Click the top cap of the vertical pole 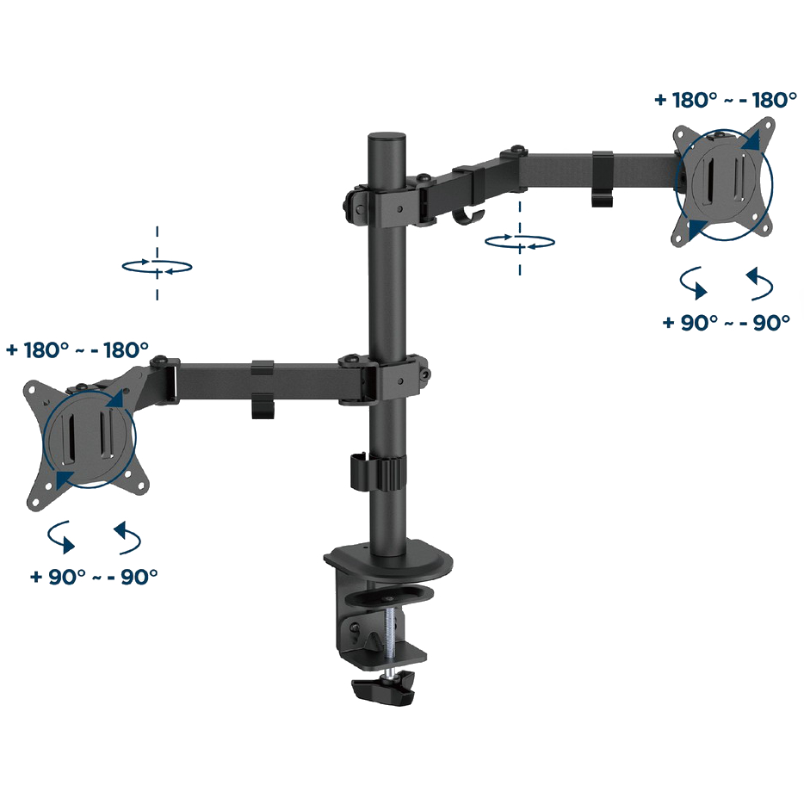point(387,139)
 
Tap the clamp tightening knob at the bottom point(384,689)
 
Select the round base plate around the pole point(388,560)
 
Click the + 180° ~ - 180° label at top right point(726,100)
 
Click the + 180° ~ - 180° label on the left point(77,350)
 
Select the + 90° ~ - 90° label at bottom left point(94,577)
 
